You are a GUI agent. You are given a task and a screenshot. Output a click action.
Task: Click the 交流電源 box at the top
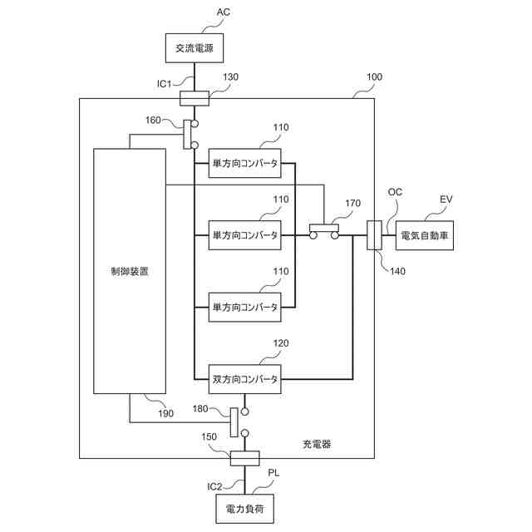pos(194,48)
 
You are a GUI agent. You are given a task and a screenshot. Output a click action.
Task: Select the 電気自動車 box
pos(425,235)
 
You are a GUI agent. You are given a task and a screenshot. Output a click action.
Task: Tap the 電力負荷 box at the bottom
pos(244,509)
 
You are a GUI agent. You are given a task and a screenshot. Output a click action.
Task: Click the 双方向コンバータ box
pos(244,379)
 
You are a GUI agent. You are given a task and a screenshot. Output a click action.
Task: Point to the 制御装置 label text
pos(130,272)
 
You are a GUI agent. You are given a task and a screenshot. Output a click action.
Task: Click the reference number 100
pos(374,77)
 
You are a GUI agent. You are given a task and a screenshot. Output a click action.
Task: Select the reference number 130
pos(230,77)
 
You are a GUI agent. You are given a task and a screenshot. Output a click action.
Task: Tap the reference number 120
pos(281,343)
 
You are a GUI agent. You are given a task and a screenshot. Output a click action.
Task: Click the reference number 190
pos(165,413)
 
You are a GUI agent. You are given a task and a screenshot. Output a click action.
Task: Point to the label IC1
pos(165,84)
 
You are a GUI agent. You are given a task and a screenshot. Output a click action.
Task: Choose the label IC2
pos(214,487)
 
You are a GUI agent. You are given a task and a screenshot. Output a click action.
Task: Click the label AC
pos(224,12)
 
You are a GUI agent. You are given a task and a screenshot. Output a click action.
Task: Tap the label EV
pos(446,199)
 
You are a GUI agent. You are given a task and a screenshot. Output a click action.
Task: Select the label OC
pos(395,192)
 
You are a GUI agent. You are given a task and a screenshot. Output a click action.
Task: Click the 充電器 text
pos(317,444)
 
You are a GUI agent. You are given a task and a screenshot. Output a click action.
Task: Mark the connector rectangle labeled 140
pos(374,235)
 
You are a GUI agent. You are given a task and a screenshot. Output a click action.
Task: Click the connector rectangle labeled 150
pos(244,458)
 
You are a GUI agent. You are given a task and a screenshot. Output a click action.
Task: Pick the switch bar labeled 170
pos(324,228)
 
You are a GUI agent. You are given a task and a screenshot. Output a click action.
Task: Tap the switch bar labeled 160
pos(187,135)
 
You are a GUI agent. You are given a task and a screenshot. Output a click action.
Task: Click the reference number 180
pos(200,408)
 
